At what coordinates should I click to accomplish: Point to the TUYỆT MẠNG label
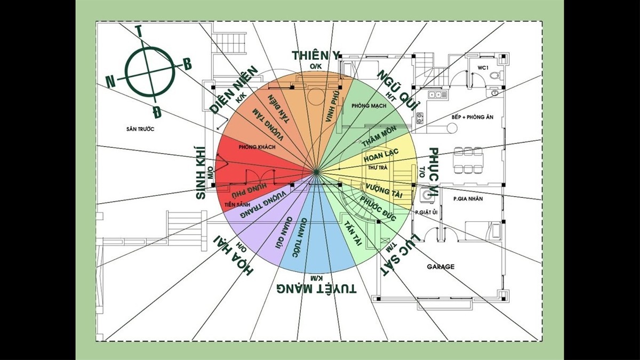click(317, 289)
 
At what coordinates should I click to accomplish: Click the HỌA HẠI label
click(234, 254)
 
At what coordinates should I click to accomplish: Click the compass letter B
click(187, 65)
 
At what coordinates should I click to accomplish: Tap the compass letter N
click(110, 82)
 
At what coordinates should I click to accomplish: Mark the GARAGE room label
click(441, 266)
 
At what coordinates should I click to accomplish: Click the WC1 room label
click(483, 68)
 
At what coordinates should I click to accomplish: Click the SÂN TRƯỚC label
click(140, 129)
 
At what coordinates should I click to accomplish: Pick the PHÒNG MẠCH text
click(369, 106)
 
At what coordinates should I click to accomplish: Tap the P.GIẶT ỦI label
click(427, 212)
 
